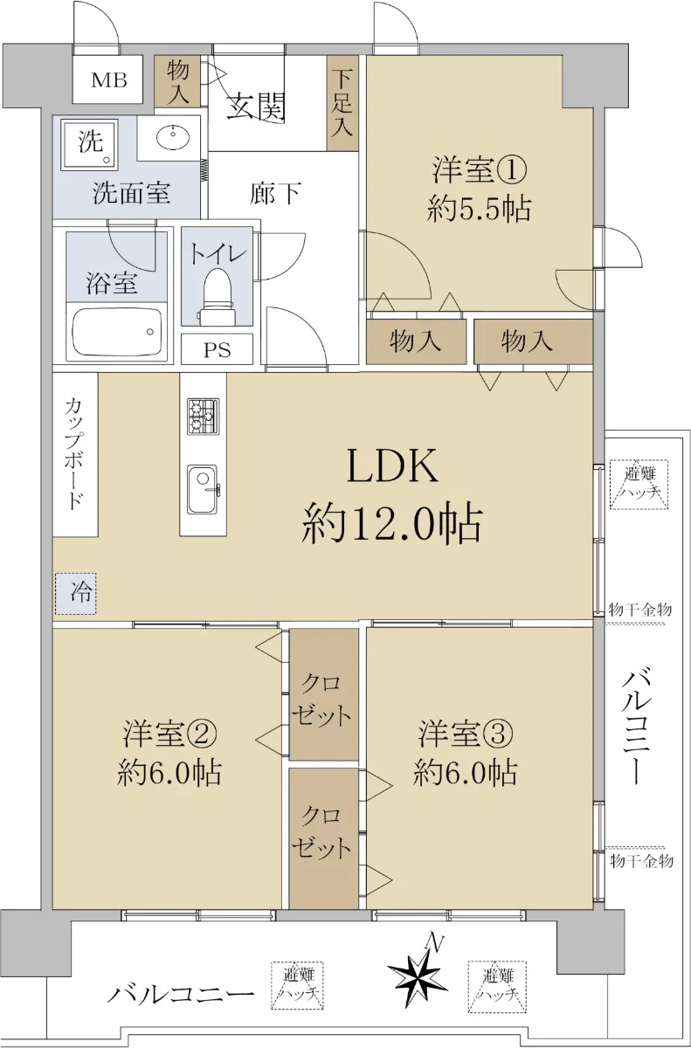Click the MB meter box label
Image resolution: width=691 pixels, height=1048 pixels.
(x=109, y=80)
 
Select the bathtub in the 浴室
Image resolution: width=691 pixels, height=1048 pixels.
(x=117, y=332)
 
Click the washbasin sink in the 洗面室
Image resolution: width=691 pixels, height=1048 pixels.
(x=173, y=138)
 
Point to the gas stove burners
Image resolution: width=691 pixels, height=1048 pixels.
(x=203, y=416)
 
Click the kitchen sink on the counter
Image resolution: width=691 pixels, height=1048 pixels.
(x=202, y=489)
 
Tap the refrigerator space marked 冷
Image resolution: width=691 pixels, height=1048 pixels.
(x=76, y=593)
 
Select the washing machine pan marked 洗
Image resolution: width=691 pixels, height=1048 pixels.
(x=88, y=143)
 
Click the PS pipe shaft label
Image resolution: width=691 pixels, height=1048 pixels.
(x=217, y=350)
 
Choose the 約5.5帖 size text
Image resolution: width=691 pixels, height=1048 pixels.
(x=479, y=209)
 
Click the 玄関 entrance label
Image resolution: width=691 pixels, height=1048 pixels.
(x=255, y=107)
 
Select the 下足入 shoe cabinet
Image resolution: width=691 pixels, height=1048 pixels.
(x=342, y=103)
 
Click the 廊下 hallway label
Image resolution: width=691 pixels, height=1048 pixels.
(x=275, y=193)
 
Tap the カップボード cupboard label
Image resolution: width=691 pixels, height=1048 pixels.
(x=74, y=454)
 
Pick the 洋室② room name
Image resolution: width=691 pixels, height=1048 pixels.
(x=169, y=733)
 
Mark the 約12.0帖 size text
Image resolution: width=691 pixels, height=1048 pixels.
(x=391, y=524)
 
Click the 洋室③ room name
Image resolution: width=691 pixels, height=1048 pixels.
(x=465, y=733)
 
